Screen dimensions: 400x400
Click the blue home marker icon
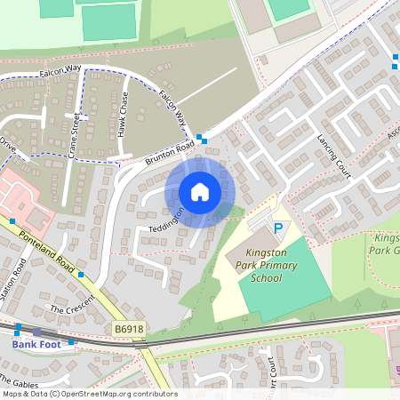pos(200,192)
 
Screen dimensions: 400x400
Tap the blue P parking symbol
pos(277,229)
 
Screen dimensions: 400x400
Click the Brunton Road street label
pos(169,152)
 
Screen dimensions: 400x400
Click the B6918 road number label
pos(129,329)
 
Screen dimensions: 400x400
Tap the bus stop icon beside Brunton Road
pos(202,139)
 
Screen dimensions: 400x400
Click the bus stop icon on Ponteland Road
pos(81,275)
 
